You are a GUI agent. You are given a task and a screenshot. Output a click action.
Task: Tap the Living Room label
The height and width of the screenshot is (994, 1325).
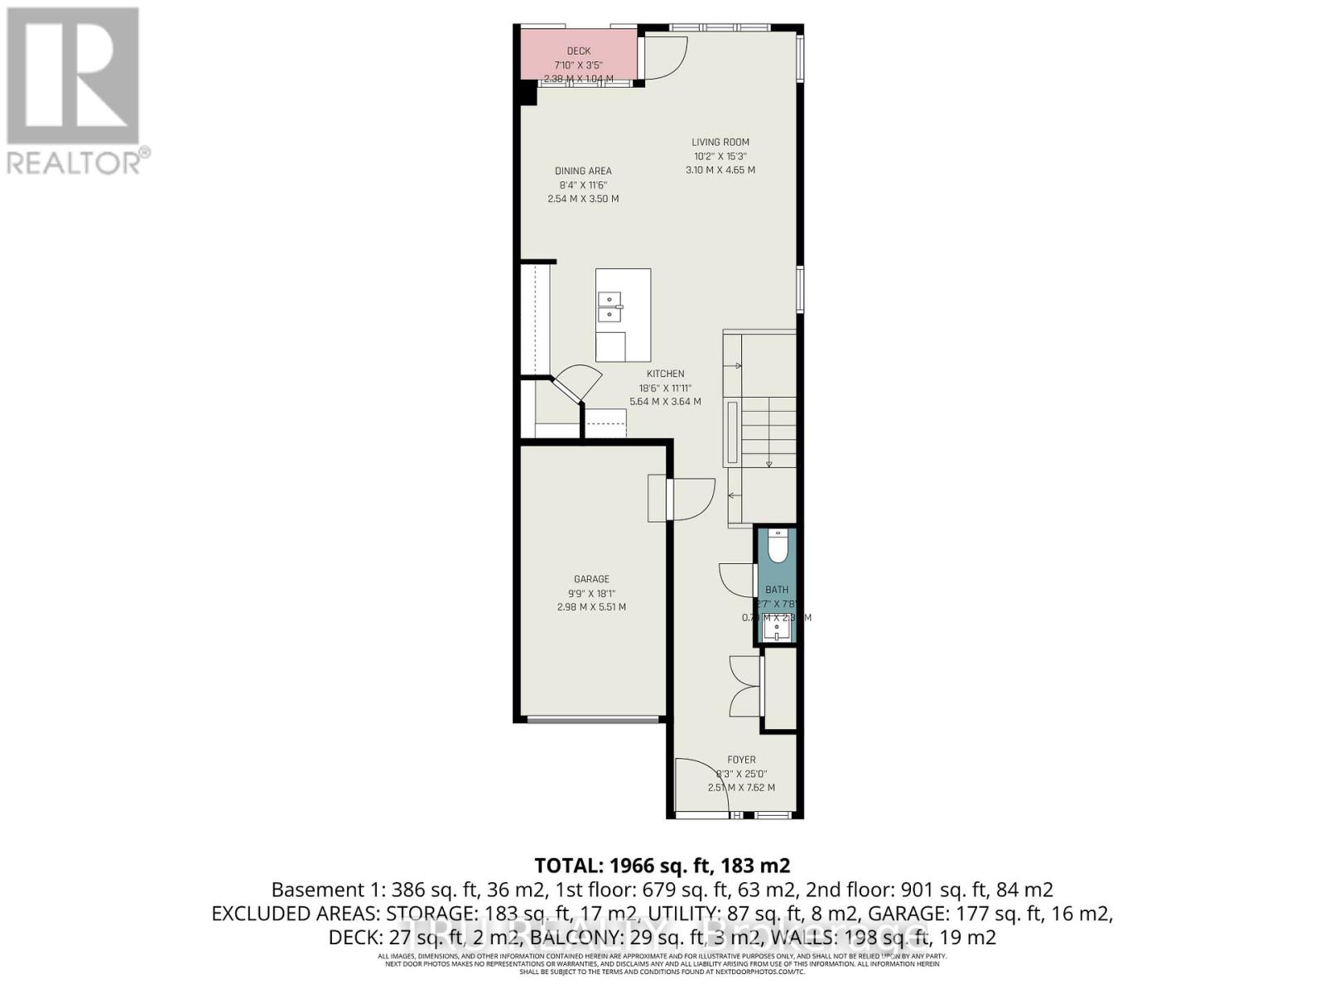point(720,142)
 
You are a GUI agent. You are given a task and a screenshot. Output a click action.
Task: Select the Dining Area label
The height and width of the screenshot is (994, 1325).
point(583,171)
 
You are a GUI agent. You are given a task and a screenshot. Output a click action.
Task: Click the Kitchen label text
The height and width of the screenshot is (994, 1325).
point(665,374)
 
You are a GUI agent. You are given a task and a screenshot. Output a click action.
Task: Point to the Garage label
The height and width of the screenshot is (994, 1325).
point(591,579)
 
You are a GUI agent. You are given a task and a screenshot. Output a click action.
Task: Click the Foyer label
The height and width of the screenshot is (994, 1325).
point(741,760)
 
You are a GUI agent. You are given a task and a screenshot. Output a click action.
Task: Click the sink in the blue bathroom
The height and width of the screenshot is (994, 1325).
point(778,631)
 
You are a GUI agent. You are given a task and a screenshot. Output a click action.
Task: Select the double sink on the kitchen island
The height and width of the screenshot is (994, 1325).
point(610,306)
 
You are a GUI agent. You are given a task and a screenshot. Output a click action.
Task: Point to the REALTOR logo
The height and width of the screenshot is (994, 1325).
point(75,91)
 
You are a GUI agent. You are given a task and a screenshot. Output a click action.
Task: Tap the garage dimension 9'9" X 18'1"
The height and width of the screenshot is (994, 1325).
point(591,593)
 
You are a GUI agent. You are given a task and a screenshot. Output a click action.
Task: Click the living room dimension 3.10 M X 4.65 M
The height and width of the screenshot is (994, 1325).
point(720,171)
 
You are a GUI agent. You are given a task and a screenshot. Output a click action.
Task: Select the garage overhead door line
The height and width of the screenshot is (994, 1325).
point(593,719)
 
